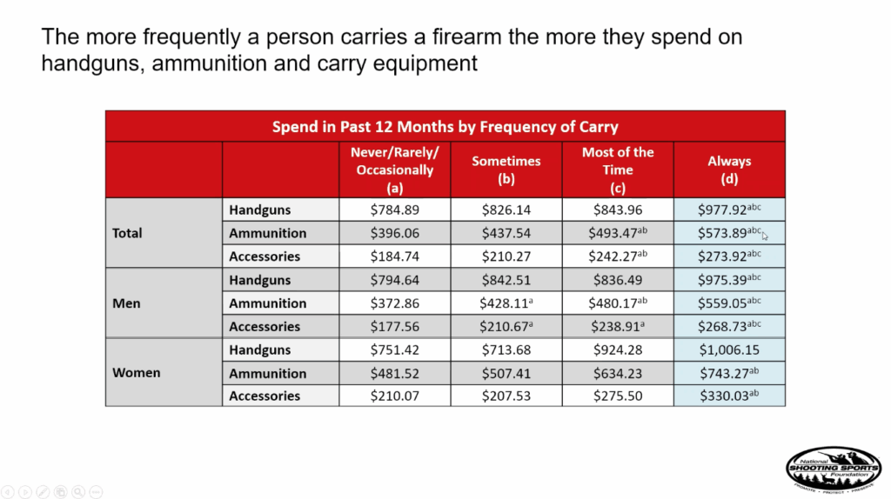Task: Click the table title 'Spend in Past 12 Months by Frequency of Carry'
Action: [445, 126]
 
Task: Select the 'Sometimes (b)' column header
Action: [506, 170]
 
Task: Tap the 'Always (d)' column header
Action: [729, 170]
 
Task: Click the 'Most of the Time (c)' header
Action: [618, 170]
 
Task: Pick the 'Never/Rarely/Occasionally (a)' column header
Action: [394, 170]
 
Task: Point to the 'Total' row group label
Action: [128, 233]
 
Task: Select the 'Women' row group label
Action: [136, 373]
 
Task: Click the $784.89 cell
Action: [394, 210]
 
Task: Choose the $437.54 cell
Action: [506, 233]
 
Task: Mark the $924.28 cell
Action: [618, 350]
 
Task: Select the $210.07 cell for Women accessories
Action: [394, 396]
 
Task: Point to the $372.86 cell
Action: [394, 303]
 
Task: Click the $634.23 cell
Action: [618, 374]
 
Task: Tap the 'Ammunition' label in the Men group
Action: [267, 303]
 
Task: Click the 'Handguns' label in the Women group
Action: [260, 350]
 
